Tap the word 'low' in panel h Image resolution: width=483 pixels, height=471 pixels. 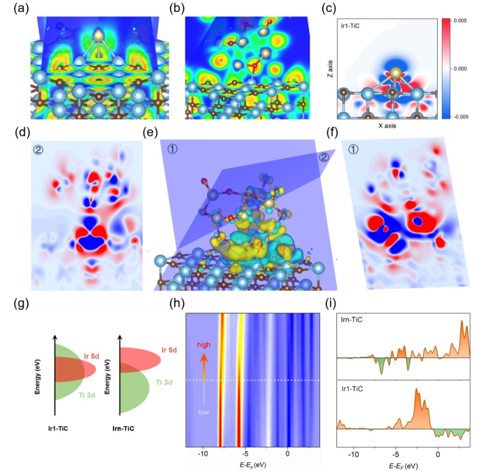203,412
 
